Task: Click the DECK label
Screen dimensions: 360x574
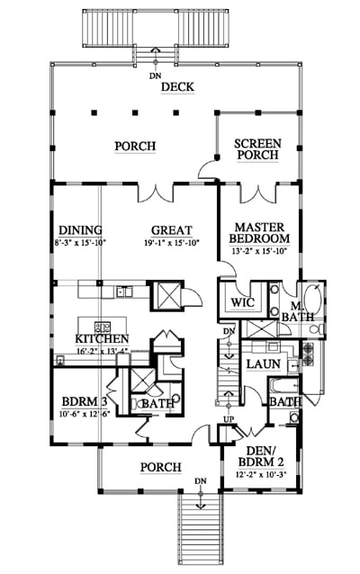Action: pos(177,87)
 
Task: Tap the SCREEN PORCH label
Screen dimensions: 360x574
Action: pos(257,149)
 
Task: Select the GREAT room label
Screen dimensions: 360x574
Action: pos(171,230)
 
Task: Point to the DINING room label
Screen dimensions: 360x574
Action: pos(81,230)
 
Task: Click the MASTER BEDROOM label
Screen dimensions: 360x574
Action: pos(259,233)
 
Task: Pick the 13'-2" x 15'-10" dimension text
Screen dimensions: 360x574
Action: pos(259,252)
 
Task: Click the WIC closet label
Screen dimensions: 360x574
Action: pos(242,302)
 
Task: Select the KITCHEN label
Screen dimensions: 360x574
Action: pos(102,339)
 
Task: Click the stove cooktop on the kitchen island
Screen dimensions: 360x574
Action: pos(103,327)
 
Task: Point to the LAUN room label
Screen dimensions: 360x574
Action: pos(264,364)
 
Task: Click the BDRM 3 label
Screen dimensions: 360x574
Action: pos(85,402)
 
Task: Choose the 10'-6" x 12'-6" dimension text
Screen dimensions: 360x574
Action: pos(85,414)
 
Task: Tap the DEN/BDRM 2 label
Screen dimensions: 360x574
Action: pos(261,456)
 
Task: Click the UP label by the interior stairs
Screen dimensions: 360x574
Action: pos(229,419)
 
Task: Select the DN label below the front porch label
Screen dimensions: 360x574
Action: pos(201,480)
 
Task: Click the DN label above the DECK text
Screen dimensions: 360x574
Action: pos(156,76)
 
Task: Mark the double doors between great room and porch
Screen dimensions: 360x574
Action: pos(156,193)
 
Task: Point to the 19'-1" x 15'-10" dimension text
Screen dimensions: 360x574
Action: pos(171,242)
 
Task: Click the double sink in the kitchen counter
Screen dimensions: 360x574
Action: pos(124,292)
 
